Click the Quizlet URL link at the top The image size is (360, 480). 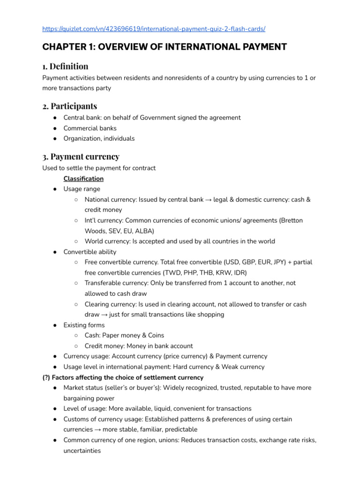pyautogui.click(x=154, y=29)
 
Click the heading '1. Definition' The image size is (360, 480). pyautogui.click(x=65, y=66)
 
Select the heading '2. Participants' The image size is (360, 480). pyautogui.click(x=69, y=106)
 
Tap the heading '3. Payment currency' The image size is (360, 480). pyautogui.click(x=81, y=156)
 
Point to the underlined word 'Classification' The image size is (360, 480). pyautogui.click(x=83, y=179)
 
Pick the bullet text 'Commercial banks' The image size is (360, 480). pyautogui.click(x=90, y=128)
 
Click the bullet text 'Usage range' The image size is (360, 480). pyautogui.click(x=82, y=189)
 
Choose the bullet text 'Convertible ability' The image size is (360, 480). pyautogui.click(x=90, y=252)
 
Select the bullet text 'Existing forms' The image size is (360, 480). pyautogui.click(x=84, y=325)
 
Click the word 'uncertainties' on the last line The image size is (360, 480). pyautogui.click(x=82, y=450)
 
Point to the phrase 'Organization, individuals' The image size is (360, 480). pyautogui.click(x=99, y=138)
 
